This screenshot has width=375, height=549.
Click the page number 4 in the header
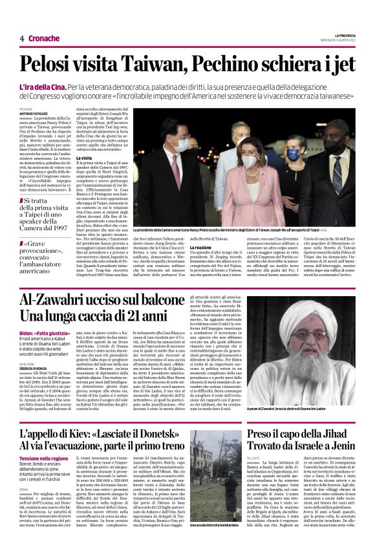22,38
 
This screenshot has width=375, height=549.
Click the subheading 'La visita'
85,157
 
